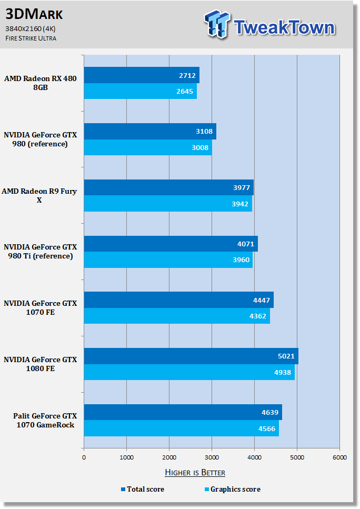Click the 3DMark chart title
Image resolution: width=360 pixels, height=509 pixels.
[x=34, y=14]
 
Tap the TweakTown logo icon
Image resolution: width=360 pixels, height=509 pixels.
[x=217, y=24]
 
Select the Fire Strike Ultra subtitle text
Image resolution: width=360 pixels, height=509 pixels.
[x=31, y=38]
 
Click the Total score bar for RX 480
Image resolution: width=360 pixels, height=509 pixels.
[x=142, y=75]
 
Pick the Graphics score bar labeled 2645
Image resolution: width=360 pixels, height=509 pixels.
[x=140, y=91]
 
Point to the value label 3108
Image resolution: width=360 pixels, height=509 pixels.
[x=204, y=132]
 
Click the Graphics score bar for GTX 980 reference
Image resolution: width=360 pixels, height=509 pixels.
[x=148, y=147]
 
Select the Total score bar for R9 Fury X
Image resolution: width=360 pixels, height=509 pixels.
[x=169, y=187]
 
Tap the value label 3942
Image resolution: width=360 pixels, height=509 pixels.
[x=240, y=204]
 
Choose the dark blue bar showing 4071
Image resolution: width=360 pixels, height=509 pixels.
[x=171, y=244]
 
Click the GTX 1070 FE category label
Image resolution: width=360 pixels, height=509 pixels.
[x=40, y=308]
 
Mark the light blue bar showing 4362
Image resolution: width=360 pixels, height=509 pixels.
[x=177, y=316]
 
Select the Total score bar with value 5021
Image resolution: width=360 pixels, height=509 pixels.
[x=191, y=356]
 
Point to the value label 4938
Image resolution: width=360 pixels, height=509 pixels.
[x=283, y=372]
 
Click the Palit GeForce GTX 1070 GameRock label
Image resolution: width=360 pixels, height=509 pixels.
[x=45, y=421]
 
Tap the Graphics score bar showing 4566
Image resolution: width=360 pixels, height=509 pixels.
[x=182, y=428]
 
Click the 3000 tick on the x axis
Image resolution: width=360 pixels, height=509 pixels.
[x=212, y=457]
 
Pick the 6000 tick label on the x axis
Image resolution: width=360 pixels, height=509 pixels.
[x=339, y=457]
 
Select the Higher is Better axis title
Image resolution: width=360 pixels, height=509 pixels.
[x=195, y=472]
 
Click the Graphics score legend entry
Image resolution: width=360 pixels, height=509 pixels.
[x=233, y=489]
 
